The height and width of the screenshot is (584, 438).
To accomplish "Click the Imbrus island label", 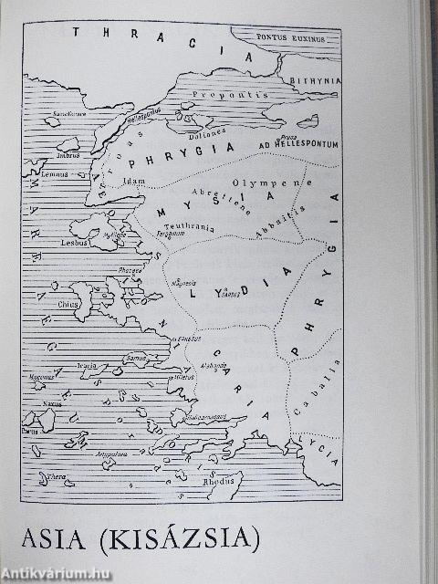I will (69, 155).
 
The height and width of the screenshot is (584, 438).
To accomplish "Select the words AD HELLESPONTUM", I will (286, 144).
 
